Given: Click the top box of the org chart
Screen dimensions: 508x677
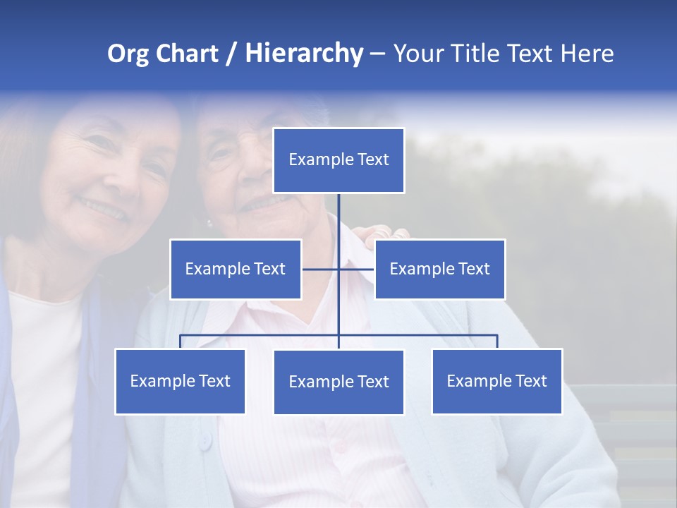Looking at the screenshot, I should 338,160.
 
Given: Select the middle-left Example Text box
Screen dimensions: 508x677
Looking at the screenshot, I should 236,269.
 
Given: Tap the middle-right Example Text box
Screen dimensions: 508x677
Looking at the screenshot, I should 439,269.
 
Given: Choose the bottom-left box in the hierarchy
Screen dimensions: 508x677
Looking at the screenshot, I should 180,381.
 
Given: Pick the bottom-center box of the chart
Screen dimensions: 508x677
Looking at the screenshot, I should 338,382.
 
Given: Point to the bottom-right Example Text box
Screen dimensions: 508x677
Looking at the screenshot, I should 496,381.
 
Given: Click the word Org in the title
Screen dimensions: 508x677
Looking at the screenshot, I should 128,54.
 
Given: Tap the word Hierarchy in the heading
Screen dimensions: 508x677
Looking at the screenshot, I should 304,54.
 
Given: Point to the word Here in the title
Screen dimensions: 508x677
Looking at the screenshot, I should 587,54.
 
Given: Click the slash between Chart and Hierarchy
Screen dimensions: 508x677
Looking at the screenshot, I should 231,54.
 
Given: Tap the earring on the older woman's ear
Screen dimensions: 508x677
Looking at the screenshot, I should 209,224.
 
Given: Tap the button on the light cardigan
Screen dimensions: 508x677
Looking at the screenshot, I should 205,442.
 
